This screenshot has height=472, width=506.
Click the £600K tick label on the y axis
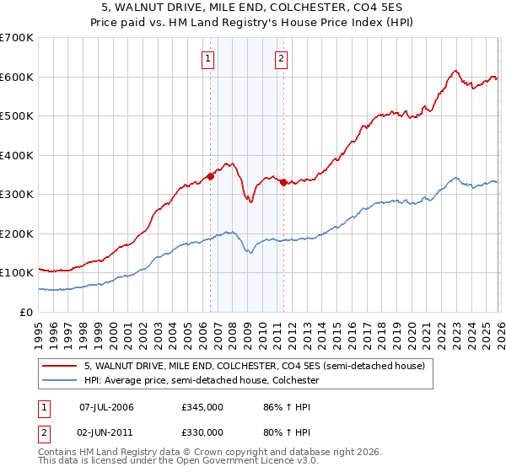[16, 77]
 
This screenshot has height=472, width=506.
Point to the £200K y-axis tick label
[16, 233]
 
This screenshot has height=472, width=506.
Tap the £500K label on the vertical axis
[16, 115]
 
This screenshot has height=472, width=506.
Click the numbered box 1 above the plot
[207, 58]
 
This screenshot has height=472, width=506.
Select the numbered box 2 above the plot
[280, 58]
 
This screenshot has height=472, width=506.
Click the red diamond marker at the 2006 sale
[210, 177]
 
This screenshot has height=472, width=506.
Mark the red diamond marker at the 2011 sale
[283, 183]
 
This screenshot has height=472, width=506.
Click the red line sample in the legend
[61, 366]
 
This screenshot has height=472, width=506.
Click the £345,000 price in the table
[202, 407]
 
